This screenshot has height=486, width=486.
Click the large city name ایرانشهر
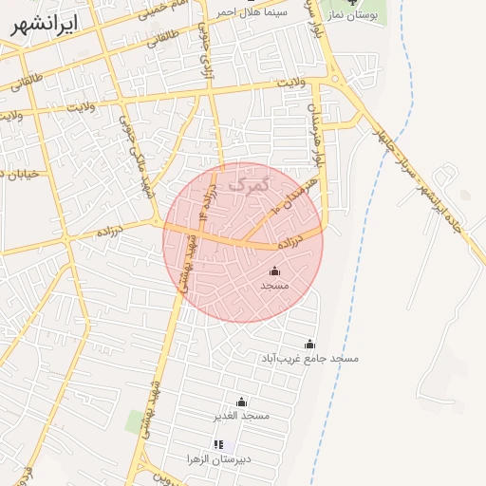coord(45,25)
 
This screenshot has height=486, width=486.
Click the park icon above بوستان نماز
coord(353,3)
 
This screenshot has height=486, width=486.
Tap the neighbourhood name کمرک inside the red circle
coord(251,180)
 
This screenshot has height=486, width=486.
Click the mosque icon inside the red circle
coord(275,271)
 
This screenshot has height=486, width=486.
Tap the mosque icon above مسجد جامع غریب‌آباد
coord(309,344)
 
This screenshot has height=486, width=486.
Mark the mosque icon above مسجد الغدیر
coord(241,402)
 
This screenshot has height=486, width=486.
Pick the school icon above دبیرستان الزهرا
coord(218,444)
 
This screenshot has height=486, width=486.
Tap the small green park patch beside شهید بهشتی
coord(135,421)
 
